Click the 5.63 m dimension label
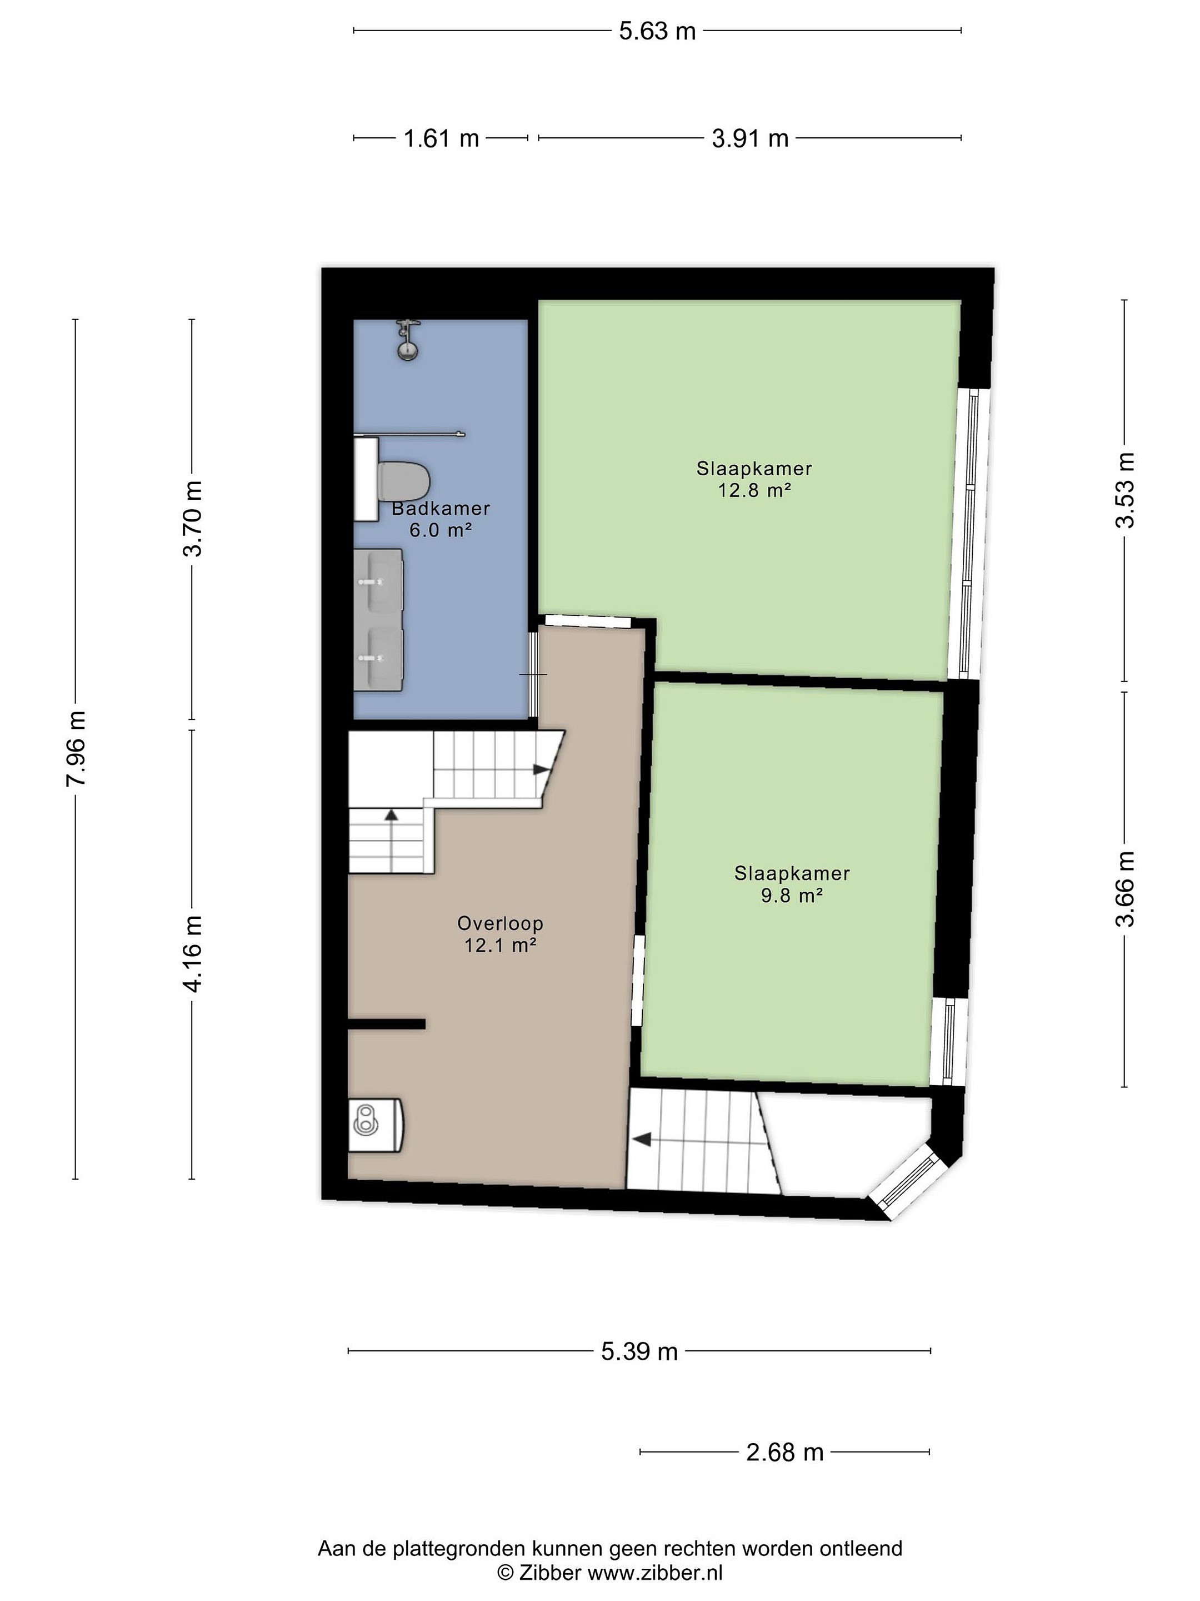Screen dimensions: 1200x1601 657,31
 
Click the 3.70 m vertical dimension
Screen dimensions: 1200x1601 192,518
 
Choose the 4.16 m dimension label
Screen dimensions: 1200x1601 192,954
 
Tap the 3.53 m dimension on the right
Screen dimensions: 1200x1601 1125,490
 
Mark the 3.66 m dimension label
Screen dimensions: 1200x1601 1125,889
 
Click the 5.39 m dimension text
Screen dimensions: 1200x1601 639,1351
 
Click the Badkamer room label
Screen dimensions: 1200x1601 441,509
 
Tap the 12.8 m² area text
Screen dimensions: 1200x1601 754,490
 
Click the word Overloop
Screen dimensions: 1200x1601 500,923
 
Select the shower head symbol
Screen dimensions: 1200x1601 408,340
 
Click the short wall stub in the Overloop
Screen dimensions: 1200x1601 386,1023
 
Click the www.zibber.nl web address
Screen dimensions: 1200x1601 654,1572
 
